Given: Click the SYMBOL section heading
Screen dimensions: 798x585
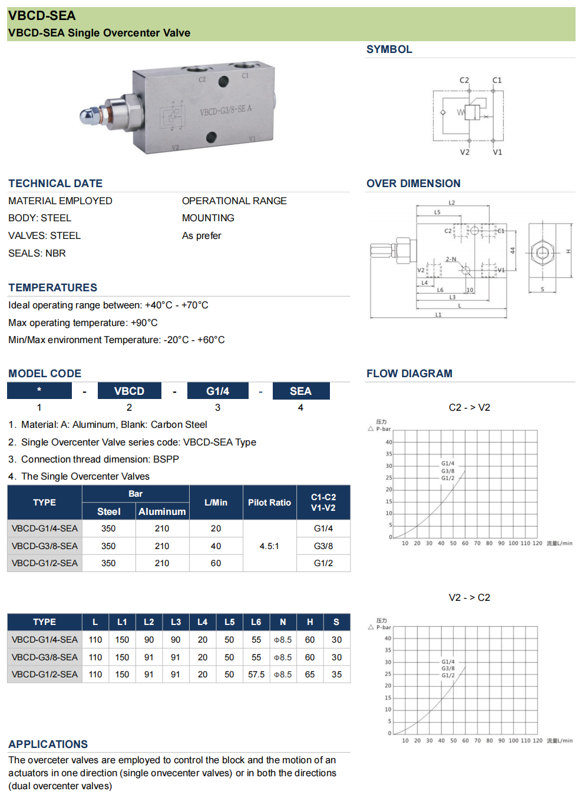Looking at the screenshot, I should [x=389, y=49].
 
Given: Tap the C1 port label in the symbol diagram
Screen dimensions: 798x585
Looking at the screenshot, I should [x=497, y=80].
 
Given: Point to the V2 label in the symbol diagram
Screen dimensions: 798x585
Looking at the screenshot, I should [x=465, y=152].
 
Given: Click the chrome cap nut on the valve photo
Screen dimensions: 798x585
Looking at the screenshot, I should [x=89, y=115].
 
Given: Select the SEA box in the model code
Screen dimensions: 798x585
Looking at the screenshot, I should [x=300, y=391].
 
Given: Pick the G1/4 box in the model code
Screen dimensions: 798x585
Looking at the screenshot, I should [x=217, y=391].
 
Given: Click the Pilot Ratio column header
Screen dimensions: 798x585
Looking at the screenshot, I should [x=269, y=503].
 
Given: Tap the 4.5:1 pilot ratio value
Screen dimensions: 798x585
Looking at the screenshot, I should [x=269, y=546].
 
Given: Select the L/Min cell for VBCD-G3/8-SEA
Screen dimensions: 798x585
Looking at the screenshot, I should [x=216, y=546].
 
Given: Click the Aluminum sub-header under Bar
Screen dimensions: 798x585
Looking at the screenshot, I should [x=162, y=512].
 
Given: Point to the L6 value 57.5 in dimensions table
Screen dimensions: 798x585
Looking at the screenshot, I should [x=256, y=674].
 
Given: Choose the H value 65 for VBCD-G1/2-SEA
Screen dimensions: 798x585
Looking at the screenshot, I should [x=310, y=674].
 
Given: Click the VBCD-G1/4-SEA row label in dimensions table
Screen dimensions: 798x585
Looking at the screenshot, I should [x=45, y=640].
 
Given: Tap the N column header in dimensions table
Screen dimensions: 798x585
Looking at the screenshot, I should [x=283, y=622].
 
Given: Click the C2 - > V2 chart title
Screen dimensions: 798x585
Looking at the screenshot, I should [x=469, y=407].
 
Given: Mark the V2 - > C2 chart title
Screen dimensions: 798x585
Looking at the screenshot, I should [x=469, y=597].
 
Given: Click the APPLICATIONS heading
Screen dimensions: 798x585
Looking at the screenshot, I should [x=48, y=744].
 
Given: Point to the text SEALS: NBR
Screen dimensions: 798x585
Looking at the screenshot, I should [x=37, y=253].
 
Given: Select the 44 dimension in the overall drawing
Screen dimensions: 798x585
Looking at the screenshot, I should [x=513, y=251].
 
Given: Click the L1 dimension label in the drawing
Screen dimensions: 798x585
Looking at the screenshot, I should [x=438, y=315].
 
